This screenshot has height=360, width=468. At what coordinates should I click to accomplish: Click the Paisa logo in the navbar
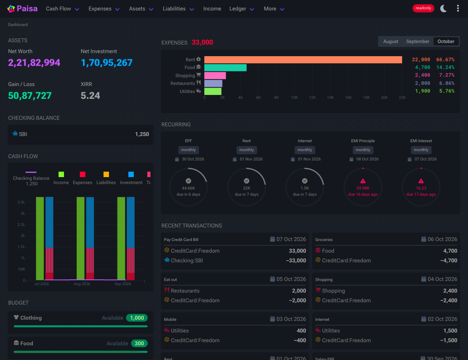(x=22, y=9)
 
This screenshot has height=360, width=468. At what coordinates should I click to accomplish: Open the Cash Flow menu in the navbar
(x=62, y=9)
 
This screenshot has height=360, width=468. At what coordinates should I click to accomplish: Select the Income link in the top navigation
(x=212, y=9)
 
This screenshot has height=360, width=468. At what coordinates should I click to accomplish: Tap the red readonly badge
(x=423, y=8)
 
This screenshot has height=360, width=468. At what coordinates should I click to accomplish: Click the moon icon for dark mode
(x=443, y=9)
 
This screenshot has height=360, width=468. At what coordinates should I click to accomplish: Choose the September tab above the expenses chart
(x=418, y=41)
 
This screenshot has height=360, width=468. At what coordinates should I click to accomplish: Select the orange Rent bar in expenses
(x=303, y=60)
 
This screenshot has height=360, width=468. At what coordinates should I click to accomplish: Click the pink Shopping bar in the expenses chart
(x=215, y=75)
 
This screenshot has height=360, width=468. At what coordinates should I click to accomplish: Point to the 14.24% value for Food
(x=445, y=67)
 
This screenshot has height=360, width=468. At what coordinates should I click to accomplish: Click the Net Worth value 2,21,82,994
(x=34, y=63)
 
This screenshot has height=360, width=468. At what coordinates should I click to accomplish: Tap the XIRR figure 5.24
(x=90, y=96)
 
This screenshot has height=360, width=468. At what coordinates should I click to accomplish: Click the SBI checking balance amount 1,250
(x=142, y=134)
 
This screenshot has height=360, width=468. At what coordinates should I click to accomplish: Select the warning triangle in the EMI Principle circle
(x=363, y=181)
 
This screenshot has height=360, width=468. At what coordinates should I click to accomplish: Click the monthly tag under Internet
(x=304, y=150)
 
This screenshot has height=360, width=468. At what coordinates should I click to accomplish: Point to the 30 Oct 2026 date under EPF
(x=193, y=159)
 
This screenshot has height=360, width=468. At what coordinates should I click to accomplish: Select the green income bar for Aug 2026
(x=81, y=238)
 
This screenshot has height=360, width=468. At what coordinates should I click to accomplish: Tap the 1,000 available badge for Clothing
(x=137, y=318)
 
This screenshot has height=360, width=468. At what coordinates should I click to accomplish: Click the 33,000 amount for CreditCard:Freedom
(x=297, y=251)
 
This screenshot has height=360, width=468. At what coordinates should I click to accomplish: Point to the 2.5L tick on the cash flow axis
(x=21, y=224)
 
